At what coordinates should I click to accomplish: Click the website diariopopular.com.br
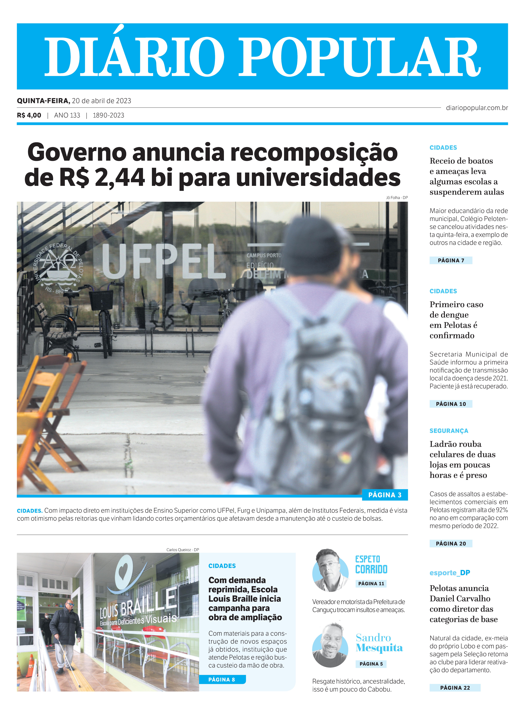[477, 108]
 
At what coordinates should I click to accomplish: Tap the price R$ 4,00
[29, 115]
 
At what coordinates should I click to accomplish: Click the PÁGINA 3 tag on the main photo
[385, 495]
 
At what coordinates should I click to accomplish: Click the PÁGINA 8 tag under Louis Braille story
[222, 679]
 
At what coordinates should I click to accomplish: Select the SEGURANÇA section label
[449, 431]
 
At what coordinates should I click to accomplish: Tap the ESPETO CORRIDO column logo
[371, 564]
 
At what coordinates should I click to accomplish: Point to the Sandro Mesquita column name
[379, 643]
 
